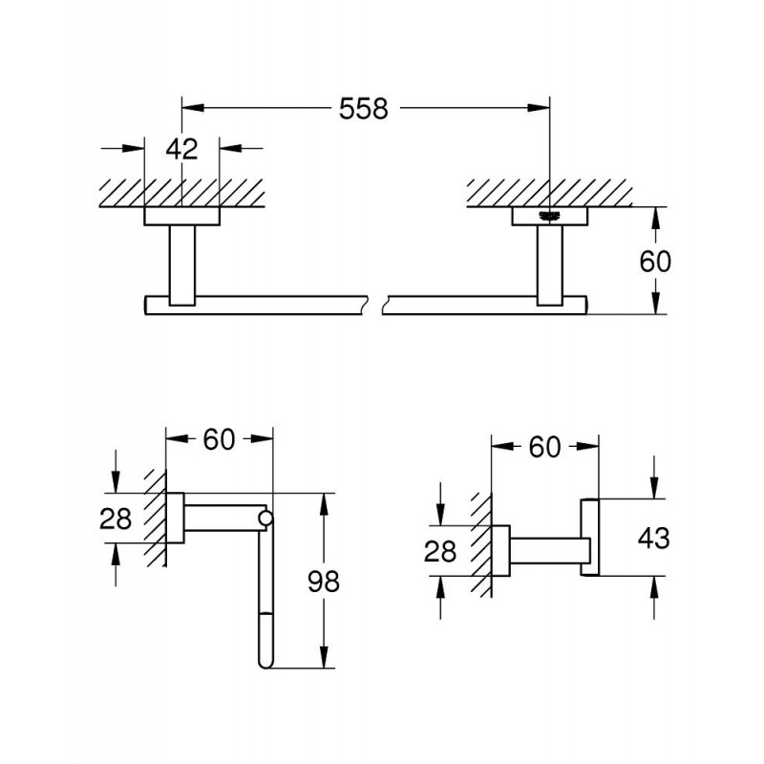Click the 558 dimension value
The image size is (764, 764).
click(x=364, y=110)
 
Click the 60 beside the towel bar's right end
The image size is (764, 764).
click(x=656, y=261)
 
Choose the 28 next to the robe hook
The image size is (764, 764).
click(x=439, y=550)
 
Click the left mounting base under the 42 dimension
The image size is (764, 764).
click(x=181, y=216)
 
